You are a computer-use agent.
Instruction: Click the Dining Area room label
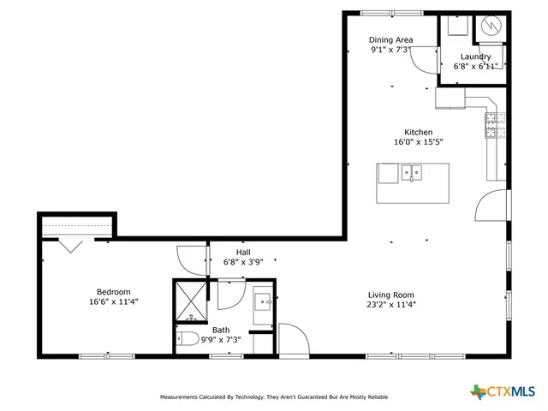pyautogui.click(x=391, y=40)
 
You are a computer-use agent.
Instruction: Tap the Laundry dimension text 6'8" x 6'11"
pyautogui.click(x=475, y=67)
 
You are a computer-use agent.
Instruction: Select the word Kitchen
pyautogui.click(x=406, y=132)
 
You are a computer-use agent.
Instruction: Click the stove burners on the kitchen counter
pyautogui.click(x=492, y=126)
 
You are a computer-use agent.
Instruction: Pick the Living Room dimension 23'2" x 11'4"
pyautogui.click(x=391, y=304)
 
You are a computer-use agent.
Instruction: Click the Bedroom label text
pyautogui.click(x=113, y=291)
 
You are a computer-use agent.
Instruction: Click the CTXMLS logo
pyautogui.click(x=504, y=391)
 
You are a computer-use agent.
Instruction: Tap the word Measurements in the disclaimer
pyautogui.click(x=184, y=397)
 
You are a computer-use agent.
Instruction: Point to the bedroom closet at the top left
pyautogui.click(x=76, y=228)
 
